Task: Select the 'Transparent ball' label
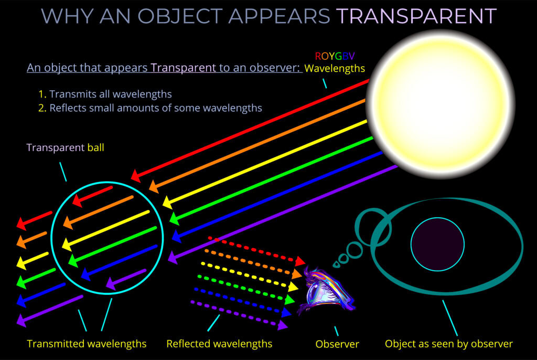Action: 66,147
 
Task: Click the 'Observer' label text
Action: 337,344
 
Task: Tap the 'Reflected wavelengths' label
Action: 219,344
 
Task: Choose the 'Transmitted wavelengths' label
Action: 87,344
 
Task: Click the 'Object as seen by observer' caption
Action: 448,344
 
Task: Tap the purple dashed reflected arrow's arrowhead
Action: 283,326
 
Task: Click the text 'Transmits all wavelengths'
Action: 111,94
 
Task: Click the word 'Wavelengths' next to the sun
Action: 335,68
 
